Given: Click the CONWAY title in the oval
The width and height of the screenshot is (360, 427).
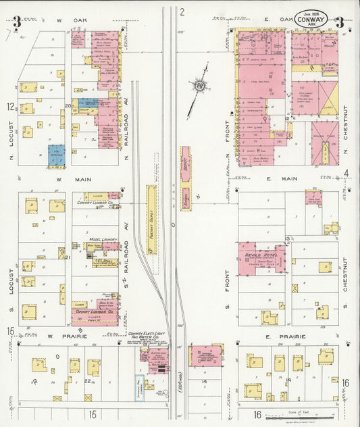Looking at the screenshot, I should [x=311, y=20].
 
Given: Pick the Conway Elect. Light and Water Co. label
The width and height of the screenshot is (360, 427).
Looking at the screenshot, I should [x=147, y=335].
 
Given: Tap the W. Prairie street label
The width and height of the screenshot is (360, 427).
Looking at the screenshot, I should [x=60, y=336].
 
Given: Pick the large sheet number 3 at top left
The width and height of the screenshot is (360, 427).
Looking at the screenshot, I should [x=16, y=21].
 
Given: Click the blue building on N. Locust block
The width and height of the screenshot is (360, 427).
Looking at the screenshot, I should [x=57, y=155].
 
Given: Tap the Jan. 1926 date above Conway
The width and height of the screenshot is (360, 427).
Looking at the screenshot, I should [x=311, y=13].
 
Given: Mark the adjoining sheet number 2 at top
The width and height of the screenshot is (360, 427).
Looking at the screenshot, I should [x=182, y=11].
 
